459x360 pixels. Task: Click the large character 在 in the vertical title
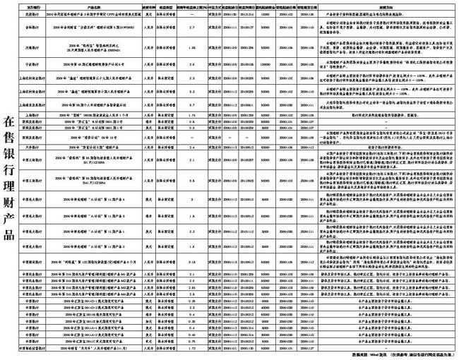pos(9,120)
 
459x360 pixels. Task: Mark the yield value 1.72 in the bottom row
pos(192,348)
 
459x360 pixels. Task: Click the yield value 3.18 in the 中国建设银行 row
pos(192,261)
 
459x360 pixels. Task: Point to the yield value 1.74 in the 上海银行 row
pos(192,114)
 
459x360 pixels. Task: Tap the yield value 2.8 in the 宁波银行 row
pos(192,62)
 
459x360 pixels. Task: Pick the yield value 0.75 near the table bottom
pos(192,340)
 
